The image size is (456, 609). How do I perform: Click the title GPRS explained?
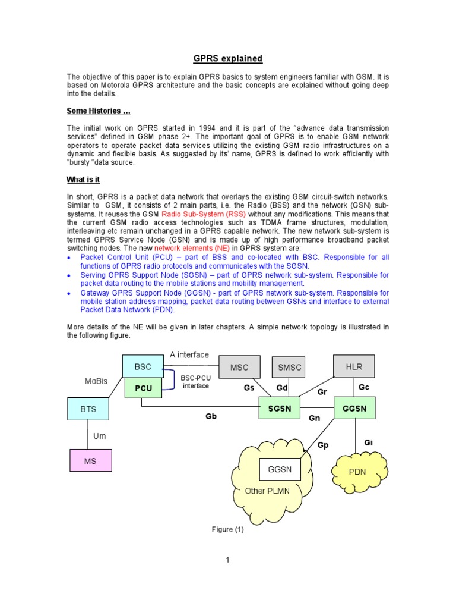click(x=227, y=58)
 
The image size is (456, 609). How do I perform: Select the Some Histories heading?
click(x=99, y=111)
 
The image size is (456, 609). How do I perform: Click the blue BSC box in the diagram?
click(x=143, y=367)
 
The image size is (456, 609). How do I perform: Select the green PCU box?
click(x=143, y=388)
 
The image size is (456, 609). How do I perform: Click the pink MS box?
click(x=90, y=461)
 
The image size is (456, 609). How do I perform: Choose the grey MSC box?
click(x=239, y=367)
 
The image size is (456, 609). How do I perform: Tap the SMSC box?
click(x=290, y=367)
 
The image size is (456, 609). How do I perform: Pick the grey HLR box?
click(x=354, y=366)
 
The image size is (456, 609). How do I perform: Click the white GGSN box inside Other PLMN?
click(x=280, y=469)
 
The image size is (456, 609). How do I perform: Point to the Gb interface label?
click(x=211, y=417)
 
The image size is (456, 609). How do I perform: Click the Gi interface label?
click(x=368, y=443)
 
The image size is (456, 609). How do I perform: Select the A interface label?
click(x=189, y=355)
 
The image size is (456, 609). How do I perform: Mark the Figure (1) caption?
click(x=228, y=529)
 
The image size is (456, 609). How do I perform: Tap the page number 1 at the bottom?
click(x=227, y=560)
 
